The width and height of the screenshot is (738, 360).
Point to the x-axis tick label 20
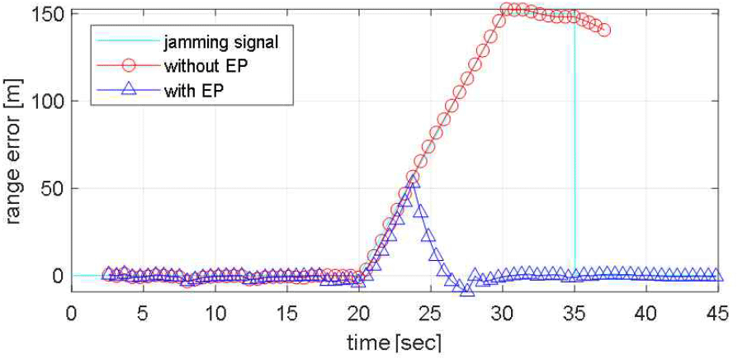click(x=358, y=314)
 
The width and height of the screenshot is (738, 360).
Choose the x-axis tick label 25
click(x=430, y=314)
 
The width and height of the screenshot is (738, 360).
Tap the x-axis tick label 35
click(x=574, y=314)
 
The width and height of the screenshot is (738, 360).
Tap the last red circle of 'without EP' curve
click(x=605, y=30)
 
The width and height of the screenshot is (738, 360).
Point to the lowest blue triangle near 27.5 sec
click(x=467, y=288)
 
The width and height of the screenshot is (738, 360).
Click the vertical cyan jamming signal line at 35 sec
click(x=575, y=165)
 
